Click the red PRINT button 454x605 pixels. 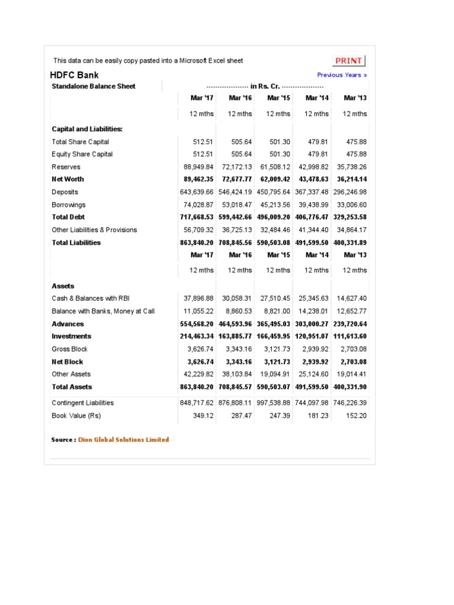pos(349,61)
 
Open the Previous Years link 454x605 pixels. pos(342,75)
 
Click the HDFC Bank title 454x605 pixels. pos(74,75)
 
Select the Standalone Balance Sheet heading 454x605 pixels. pos(93,86)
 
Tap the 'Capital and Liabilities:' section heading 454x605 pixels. pos(87,129)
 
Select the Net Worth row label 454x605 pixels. pos(68,179)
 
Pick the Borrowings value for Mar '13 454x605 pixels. pos(351,205)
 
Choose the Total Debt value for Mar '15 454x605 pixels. pos(274,217)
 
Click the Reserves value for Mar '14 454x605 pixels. pos(313,167)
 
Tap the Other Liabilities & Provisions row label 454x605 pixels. pos(94,230)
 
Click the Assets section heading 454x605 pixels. pos(63,286)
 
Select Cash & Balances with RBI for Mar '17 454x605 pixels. pos(199,298)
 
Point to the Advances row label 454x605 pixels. pos(68,324)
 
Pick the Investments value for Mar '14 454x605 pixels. pos(313,336)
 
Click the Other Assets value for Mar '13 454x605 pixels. pos(352,374)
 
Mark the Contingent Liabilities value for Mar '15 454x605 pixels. pos(274,403)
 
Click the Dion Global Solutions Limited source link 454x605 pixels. pos(124,440)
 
